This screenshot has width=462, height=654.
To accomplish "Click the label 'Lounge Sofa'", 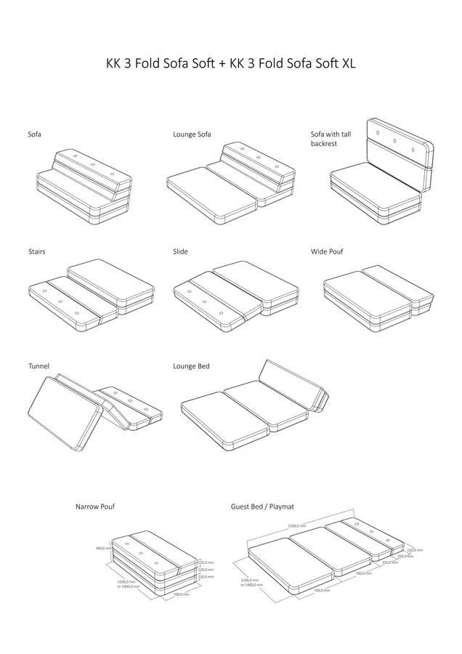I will tap(192, 134).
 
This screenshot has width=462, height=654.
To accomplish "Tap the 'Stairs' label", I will tap(36, 251).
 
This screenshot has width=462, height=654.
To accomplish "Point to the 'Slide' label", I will tap(180, 251).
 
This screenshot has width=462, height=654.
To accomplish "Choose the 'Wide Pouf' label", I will tap(327, 251).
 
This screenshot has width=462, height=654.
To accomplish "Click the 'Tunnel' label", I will tap(38, 366).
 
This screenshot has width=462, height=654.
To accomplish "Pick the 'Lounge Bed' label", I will tap(191, 366).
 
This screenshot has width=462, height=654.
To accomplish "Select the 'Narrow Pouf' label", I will tap(94, 506).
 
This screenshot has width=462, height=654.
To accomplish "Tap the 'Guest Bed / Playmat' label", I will tap(262, 506).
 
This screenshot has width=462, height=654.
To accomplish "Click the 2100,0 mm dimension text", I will tap(296, 524).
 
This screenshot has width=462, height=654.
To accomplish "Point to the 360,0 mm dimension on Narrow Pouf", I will tap(102, 549).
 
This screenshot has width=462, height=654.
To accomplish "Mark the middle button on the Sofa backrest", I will tap(93, 164).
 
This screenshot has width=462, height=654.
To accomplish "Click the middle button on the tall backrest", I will tap(394, 140).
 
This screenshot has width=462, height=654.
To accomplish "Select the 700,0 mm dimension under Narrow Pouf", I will tap(181, 594).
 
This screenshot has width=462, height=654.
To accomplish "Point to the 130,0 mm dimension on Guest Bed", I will tap(415, 549).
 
